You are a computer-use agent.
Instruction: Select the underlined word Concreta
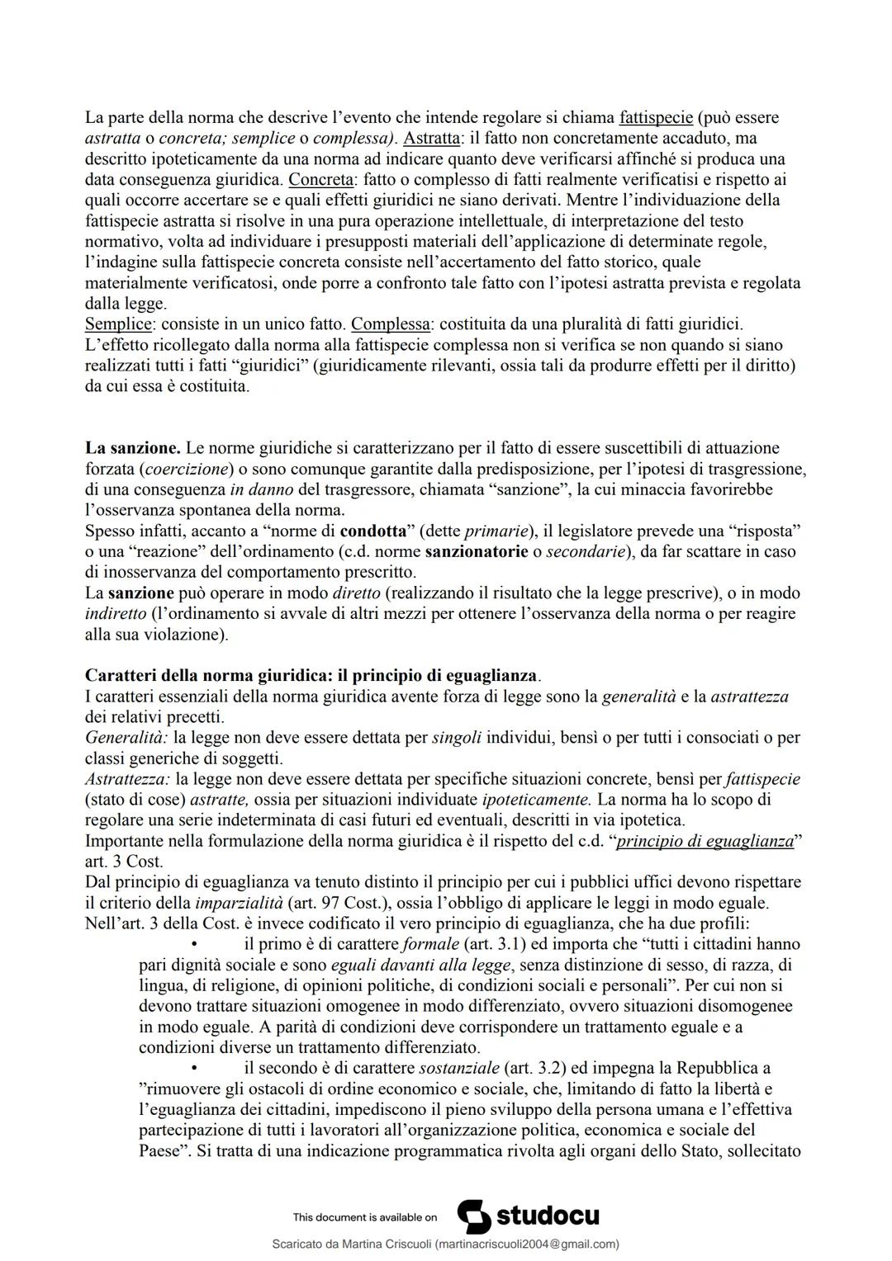pyautogui.click(x=320, y=179)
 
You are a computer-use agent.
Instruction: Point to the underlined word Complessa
pyautogui.click(x=390, y=324)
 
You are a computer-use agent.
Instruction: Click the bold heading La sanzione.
pyautogui.click(x=132, y=448)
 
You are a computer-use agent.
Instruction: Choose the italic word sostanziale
pyautogui.click(x=458, y=1069)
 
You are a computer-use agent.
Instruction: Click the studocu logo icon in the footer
pyautogui.click(x=473, y=1216)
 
